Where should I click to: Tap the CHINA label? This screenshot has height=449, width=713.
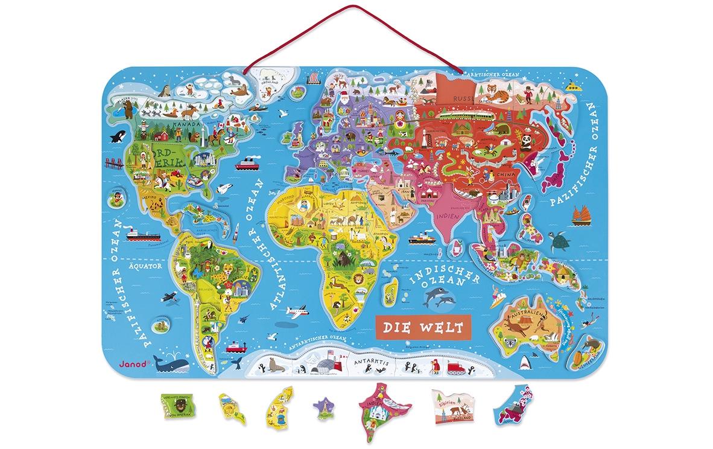[x=505, y=174]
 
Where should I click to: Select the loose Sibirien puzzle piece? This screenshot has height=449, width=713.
[x=452, y=409]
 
